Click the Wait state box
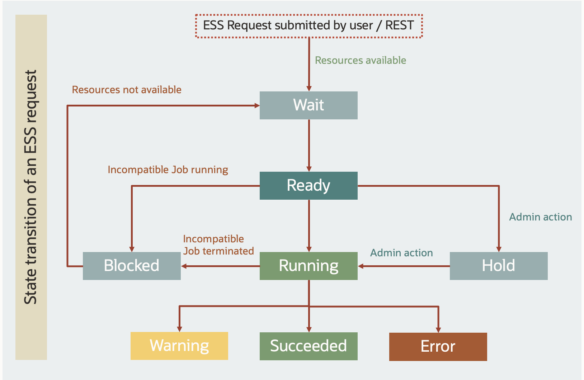click(x=309, y=105)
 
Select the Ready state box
click(x=309, y=186)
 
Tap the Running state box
click(x=309, y=266)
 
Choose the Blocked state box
click(x=132, y=266)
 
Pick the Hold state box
click(x=499, y=266)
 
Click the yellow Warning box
click(x=179, y=346)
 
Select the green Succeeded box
click(x=309, y=346)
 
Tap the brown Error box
click(x=438, y=347)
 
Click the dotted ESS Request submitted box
click(x=309, y=26)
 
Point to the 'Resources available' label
click(x=361, y=60)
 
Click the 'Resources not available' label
click(x=127, y=90)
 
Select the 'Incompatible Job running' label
click(x=168, y=170)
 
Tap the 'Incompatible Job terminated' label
click(x=218, y=245)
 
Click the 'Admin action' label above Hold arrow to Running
click(x=401, y=253)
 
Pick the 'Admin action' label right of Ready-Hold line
click(x=541, y=217)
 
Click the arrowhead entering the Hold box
click(x=499, y=249)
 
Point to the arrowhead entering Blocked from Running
click(x=184, y=266)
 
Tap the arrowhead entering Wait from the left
click(x=257, y=105)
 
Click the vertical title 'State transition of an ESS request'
click(x=31, y=187)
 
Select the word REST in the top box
click(x=400, y=26)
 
